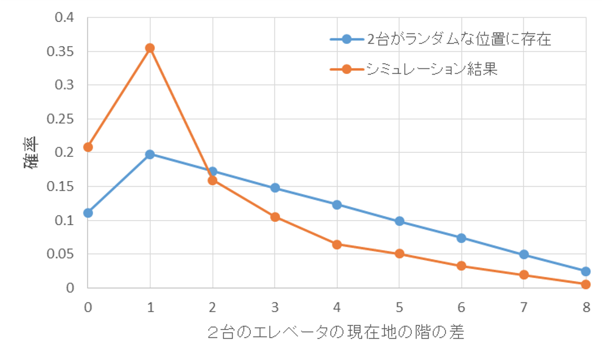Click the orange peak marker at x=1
150,48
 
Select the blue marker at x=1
150,154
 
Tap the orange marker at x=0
88,147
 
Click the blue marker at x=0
88,213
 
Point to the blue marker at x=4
337,204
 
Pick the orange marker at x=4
337,244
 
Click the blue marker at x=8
586,271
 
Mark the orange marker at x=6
461,266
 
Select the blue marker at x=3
275,187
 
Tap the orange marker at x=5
399,254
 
